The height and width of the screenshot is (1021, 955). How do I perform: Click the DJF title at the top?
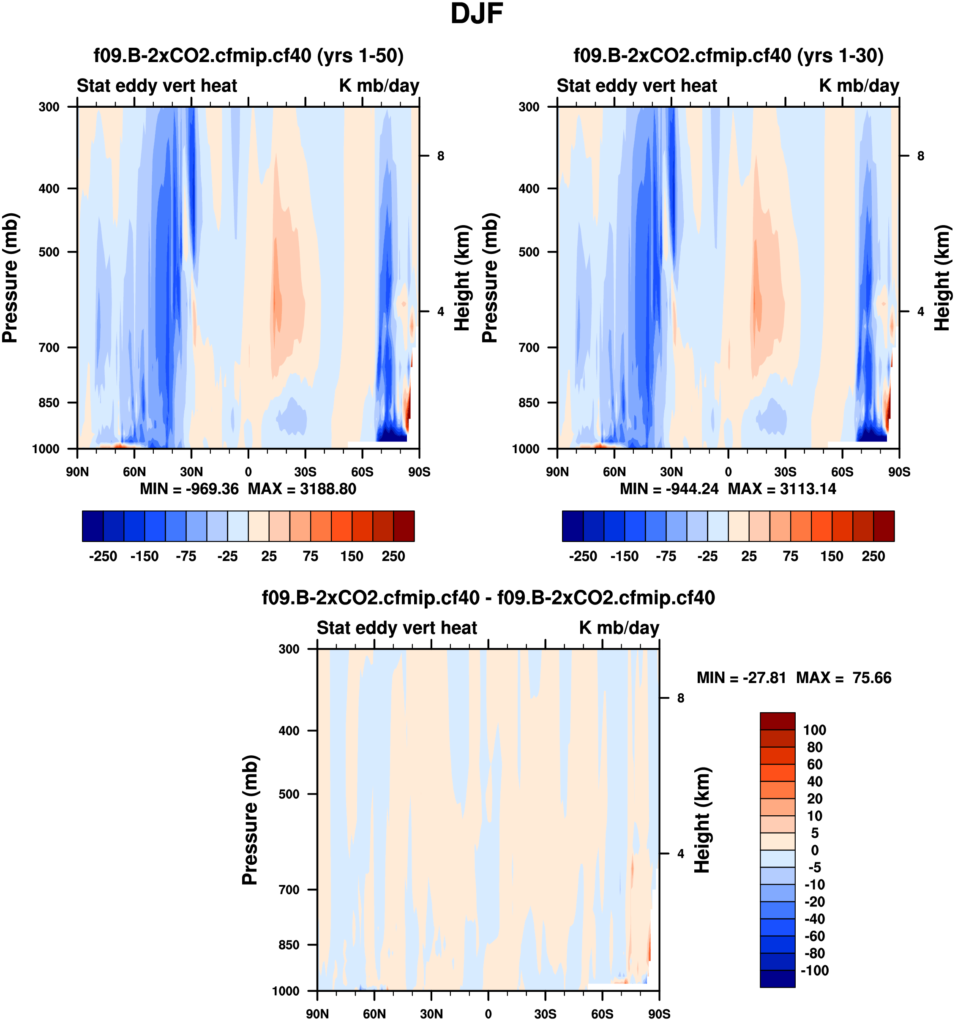coord(476,14)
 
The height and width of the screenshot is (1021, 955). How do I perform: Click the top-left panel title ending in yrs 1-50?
coord(248,55)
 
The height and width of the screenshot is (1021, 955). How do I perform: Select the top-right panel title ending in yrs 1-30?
coord(729,55)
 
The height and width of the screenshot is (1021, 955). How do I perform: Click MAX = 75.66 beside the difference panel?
coord(843,678)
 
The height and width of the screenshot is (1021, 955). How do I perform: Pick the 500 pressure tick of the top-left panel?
coord(49,252)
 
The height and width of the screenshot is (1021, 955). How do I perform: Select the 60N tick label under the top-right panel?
coord(614,472)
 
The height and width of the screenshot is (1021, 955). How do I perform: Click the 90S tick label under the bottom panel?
coord(659,1014)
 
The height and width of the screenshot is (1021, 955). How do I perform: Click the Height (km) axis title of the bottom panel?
coord(702,820)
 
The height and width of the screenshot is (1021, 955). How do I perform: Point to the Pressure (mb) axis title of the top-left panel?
coord(10,278)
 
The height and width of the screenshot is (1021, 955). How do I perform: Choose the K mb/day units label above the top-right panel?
coord(859,86)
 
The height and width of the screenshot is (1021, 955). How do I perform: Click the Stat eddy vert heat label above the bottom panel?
coord(397,628)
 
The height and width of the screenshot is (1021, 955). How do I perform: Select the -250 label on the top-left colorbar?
coord(103,556)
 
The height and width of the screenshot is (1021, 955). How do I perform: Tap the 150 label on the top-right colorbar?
coord(832,556)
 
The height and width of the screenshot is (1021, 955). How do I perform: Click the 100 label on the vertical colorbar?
coord(815,730)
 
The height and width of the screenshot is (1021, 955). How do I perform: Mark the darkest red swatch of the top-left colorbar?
coord(404,526)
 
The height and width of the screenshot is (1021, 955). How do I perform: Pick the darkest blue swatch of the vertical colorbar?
coord(777,979)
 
